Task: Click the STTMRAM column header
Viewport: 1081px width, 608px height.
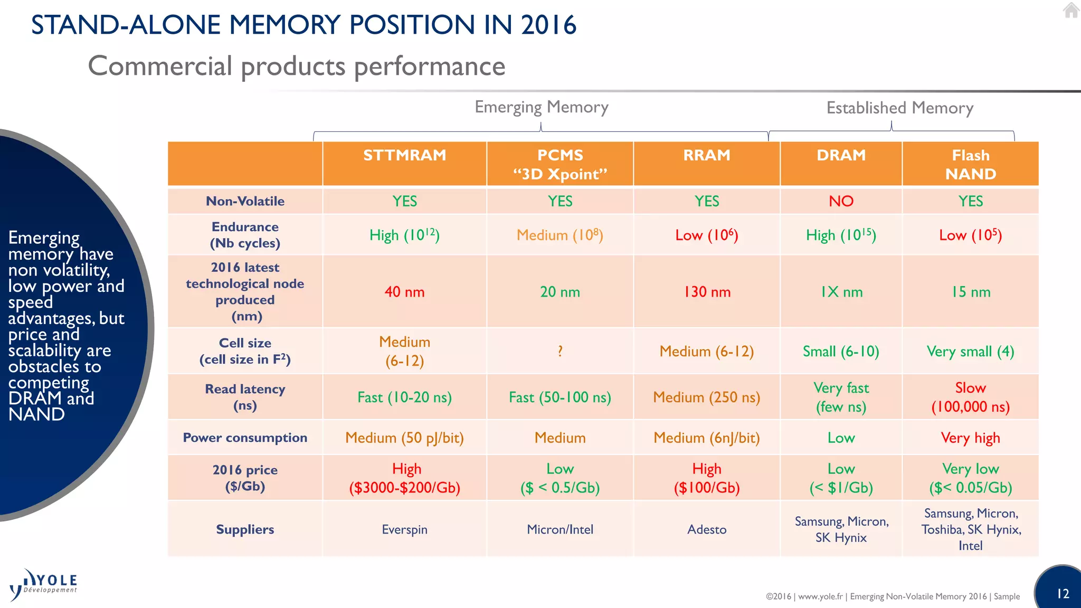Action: tap(404, 155)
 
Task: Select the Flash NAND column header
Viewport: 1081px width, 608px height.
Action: tap(970, 164)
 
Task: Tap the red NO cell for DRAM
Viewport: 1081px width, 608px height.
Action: tap(841, 201)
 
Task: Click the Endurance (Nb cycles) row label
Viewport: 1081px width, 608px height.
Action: tap(245, 235)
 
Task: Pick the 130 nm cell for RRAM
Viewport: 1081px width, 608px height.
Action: tap(707, 292)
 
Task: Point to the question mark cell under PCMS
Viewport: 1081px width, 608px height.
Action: tap(560, 351)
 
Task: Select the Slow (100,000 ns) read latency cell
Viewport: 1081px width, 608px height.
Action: tap(970, 397)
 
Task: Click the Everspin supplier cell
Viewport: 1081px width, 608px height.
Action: tap(404, 529)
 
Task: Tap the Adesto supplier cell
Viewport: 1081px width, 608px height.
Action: tap(707, 529)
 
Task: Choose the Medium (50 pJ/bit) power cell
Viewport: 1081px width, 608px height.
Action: tap(404, 438)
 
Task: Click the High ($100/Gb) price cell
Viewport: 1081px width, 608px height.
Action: tap(707, 478)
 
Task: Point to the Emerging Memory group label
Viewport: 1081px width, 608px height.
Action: tap(542, 107)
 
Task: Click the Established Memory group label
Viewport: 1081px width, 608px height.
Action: tap(899, 108)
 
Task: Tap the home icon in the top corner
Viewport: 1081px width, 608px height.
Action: tap(1071, 10)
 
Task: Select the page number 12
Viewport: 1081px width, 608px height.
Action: tap(1063, 594)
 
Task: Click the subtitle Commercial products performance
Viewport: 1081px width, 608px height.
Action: tap(297, 66)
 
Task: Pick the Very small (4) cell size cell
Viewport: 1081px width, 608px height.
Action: tap(970, 351)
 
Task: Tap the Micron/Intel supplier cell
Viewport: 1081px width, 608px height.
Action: tap(560, 529)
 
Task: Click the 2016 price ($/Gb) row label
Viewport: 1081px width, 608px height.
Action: tap(245, 478)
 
